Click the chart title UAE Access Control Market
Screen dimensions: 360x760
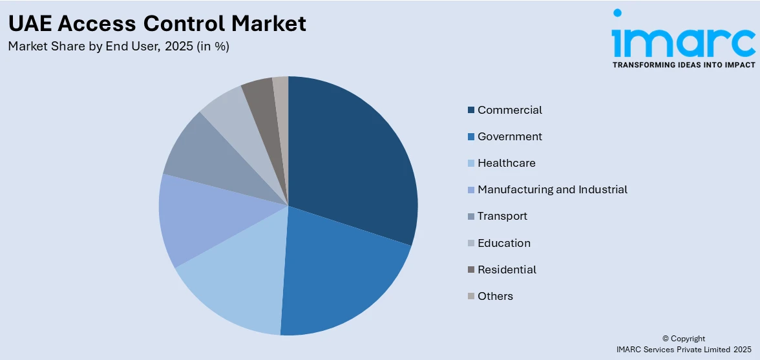point(157,24)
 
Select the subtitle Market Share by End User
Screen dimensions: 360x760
point(118,47)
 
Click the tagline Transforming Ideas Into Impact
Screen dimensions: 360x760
point(683,65)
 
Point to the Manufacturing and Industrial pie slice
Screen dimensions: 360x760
point(194,217)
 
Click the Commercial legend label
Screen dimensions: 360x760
point(509,110)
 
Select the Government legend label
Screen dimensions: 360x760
point(509,136)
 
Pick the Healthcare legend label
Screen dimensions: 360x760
point(506,163)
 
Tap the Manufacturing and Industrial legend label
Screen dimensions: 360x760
point(552,189)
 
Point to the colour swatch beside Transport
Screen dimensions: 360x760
point(471,217)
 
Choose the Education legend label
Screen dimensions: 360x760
point(503,243)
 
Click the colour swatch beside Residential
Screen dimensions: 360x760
point(471,270)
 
